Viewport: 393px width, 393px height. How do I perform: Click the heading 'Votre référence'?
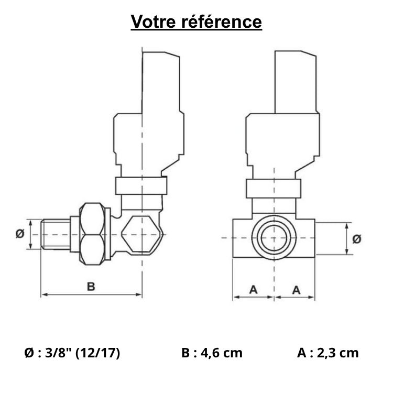click(196, 22)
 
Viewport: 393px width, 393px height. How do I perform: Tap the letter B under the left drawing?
click(91, 287)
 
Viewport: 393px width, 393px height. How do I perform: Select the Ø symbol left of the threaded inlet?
click(19, 234)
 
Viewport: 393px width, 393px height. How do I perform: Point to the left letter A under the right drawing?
click(254, 289)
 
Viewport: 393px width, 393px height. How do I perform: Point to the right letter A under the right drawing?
click(296, 289)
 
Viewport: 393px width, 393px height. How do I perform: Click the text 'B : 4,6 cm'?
click(212, 353)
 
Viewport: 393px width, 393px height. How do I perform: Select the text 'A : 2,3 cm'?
click(327, 353)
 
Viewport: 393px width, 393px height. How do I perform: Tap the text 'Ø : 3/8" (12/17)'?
click(72, 353)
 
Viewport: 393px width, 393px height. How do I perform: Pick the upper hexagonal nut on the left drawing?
click(95, 220)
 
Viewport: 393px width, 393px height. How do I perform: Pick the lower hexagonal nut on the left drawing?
click(95, 248)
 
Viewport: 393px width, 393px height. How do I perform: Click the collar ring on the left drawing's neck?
click(141, 186)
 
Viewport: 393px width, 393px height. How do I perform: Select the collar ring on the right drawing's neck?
click(274, 188)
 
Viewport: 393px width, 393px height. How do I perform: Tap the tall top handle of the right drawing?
click(296, 81)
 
